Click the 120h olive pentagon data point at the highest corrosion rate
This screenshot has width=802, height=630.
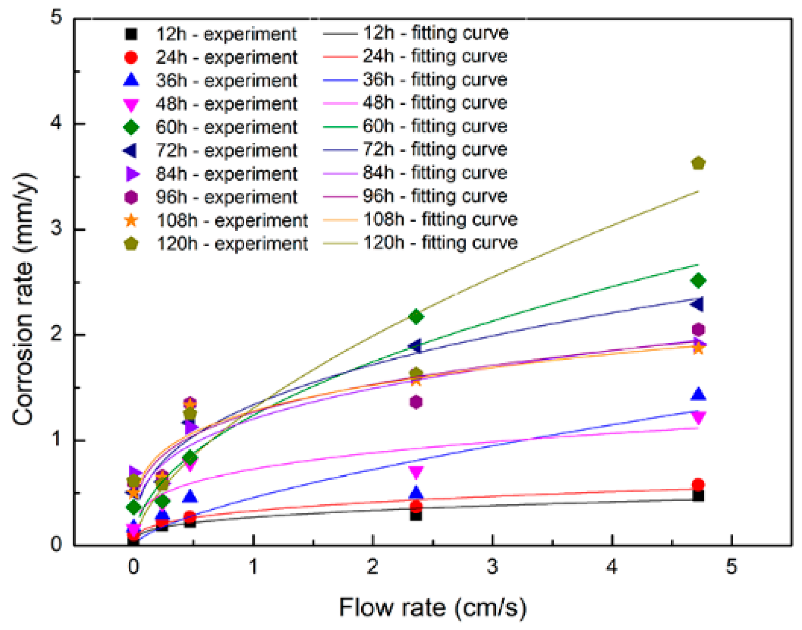pos(698,163)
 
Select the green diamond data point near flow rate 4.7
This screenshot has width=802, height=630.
pos(698,280)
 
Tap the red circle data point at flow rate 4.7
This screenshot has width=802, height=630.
pos(698,484)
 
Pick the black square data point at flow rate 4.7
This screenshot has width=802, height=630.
pos(698,496)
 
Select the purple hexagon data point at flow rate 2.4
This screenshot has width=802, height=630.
pos(416,402)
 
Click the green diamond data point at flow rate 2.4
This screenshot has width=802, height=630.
pos(416,317)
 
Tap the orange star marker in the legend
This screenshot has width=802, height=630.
pos(131,220)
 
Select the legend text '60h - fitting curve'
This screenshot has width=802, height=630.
pos(434,126)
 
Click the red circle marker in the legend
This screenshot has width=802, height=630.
pos(131,57)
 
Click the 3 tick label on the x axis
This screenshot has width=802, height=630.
pos(492,566)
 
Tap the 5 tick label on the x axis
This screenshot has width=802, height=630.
pos(731,566)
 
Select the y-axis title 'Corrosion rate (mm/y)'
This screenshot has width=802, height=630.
pos(23,299)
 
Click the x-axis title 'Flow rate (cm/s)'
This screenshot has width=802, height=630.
pos(433,607)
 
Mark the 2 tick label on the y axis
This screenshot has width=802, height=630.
pos(56,334)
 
